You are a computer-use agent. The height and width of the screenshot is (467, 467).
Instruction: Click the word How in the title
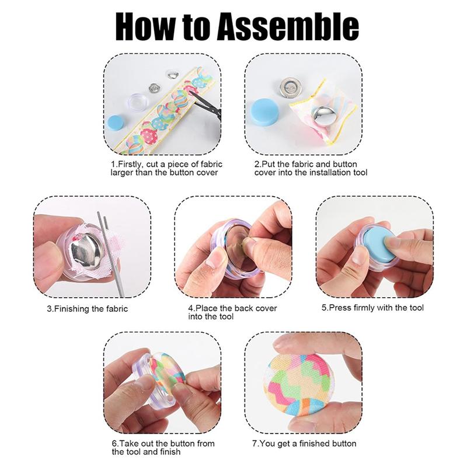tap(142, 26)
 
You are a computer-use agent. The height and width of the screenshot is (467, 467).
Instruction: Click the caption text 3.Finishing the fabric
tap(88, 309)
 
